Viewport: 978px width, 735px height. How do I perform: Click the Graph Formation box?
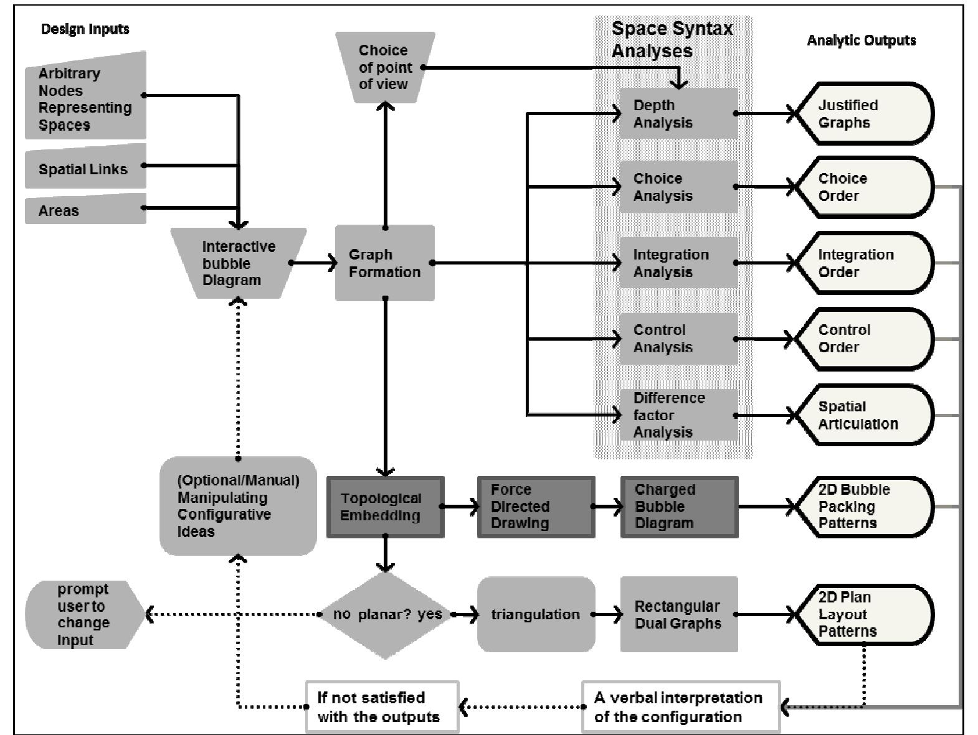click(x=384, y=263)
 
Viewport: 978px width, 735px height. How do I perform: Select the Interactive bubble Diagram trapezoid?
click(x=239, y=263)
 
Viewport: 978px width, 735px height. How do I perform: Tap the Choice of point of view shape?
click(x=384, y=67)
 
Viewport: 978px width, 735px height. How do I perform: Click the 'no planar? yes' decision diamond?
click(x=386, y=614)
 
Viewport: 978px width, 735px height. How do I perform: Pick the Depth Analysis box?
click(x=678, y=113)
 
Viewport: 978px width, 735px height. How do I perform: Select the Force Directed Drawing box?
click(x=536, y=507)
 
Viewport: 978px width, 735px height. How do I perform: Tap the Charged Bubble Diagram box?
click(x=679, y=507)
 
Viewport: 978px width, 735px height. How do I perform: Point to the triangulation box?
click(x=536, y=614)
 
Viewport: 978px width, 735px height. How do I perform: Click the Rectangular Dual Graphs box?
click(x=679, y=614)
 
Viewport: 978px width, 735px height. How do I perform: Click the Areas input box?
click(x=85, y=210)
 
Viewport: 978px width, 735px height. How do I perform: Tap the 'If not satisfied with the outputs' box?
click(x=382, y=706)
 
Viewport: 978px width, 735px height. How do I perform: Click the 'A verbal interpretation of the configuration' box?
click(x=680, y=706)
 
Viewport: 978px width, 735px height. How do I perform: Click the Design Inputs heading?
click(x=85, y=29)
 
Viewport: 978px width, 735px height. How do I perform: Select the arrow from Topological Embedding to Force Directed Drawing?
click(x=461, y=507)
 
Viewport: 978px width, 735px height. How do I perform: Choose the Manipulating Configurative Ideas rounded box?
click(x=238, y=506)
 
